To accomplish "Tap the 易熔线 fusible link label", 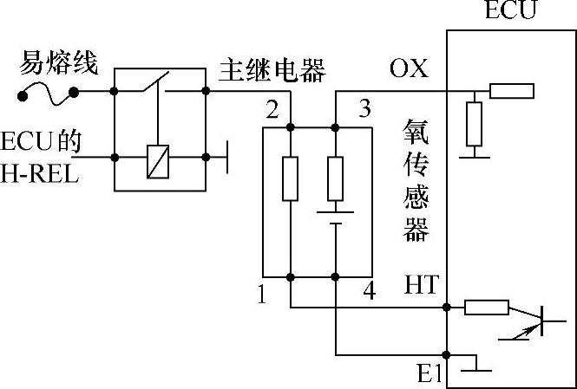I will pyautogui.click(x=60, y=63).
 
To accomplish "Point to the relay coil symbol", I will pyautogui.click(x=158, y=159).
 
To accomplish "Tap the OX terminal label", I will pyautogui.click(x=409, y=69).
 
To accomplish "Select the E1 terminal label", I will pyautogui.click(x=430, y=374).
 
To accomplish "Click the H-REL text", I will pyautogui.click(x=39, y=175).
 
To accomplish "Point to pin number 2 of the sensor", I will pyautogui.click(x=272, y=110).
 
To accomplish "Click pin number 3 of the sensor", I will pyautogui.click(x=364, y=110).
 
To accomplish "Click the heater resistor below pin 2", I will pyautogui.click(x=291, y=178).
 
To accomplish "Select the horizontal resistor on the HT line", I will pyautogui.click(x=485, y=307).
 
